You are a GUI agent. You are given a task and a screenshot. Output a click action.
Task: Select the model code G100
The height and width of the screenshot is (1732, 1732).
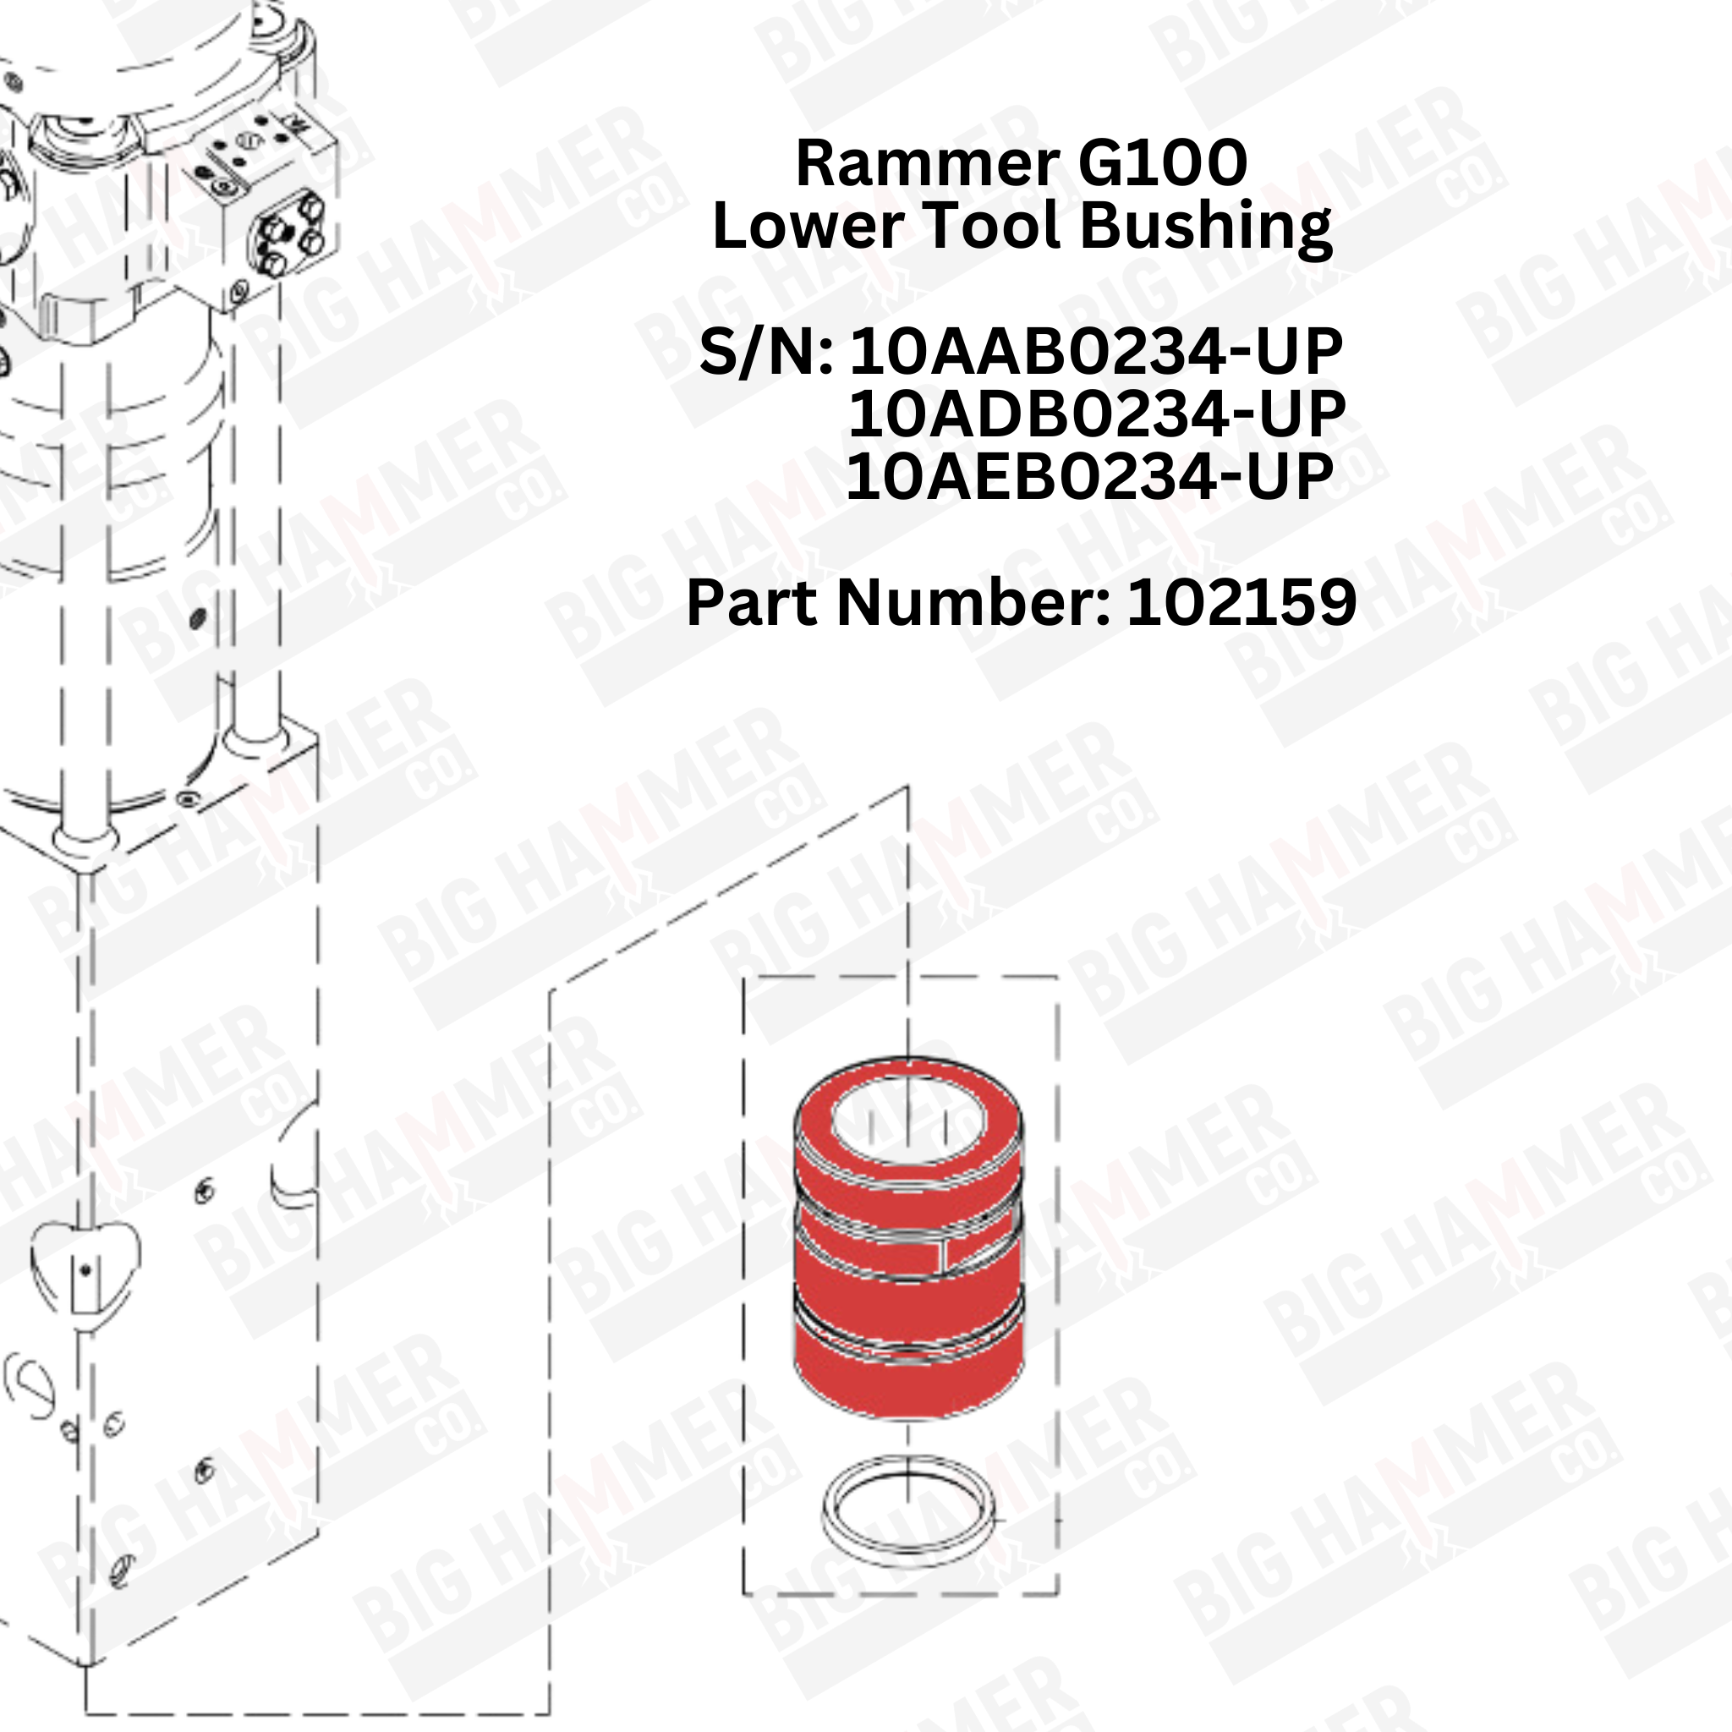tap(1163, 164)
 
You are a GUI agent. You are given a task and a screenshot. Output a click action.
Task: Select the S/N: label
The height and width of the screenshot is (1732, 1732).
tap(766, 353)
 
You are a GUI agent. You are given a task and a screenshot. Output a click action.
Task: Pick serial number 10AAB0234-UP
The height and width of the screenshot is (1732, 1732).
tap(1095, 353)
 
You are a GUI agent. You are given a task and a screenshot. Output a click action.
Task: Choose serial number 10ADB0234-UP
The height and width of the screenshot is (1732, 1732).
tap(1096, 414)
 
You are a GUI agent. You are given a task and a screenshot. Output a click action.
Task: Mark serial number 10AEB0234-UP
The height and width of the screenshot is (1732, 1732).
tap(1089, 477)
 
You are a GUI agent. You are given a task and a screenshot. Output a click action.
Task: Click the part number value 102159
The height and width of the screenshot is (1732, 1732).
tap(1241, 603)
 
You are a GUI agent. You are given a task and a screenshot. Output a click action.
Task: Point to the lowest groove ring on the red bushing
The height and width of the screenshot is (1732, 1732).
tap(909, 1328)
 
